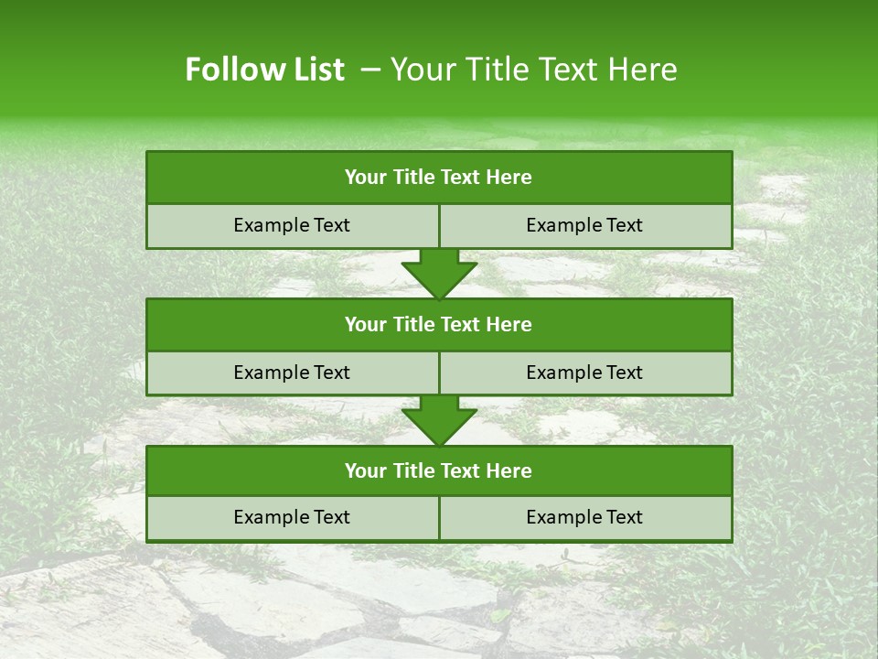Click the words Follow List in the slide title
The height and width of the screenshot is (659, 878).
tap(264, 70)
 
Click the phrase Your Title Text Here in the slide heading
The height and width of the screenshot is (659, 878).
tap(534, 70)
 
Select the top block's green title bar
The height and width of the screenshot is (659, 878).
tap(438, 178)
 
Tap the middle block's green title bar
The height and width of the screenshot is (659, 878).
tap(438, 324)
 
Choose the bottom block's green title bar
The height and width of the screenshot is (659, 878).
tap(438, 470)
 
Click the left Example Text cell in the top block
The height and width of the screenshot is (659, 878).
tap(292, 225)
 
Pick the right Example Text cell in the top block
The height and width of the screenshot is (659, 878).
tap(584, 225)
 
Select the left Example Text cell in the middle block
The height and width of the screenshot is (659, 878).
tap(292, 373)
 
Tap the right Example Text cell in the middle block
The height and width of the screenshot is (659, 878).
tap(584, 373)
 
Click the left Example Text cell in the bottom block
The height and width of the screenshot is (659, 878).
tap(292, 517)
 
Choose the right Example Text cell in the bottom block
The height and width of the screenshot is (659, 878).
tap(584, 517)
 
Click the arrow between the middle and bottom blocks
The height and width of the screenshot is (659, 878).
tap(439, 420)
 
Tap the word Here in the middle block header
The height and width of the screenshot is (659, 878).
tap(509, 324)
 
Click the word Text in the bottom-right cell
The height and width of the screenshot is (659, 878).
tap(625, 517)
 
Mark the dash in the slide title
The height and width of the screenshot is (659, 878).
tap(370, 70)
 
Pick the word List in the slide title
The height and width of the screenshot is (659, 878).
tap(316, 70)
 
